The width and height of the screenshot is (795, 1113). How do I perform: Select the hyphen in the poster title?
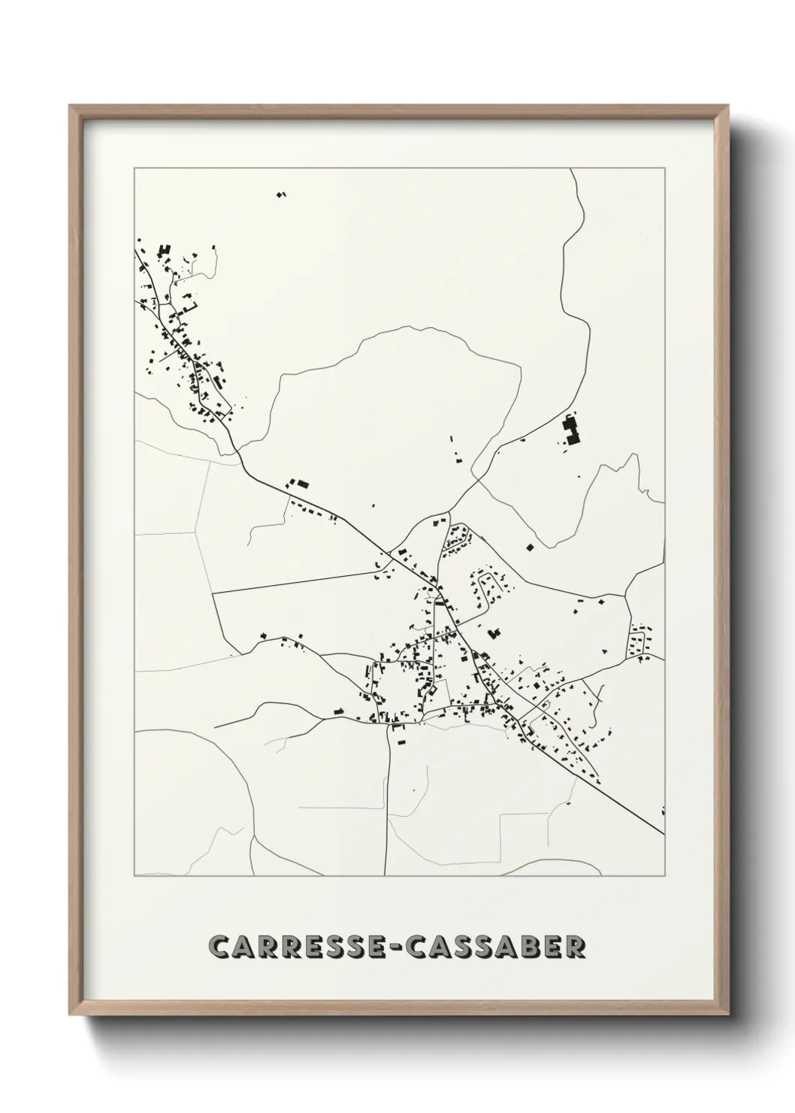pyautogui.click(x=396, y=948)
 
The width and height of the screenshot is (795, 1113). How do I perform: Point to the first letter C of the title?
pyautogui.click(x=220, y=947)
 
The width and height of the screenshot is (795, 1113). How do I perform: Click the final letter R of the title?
pyautogui.click(x=575, y=947)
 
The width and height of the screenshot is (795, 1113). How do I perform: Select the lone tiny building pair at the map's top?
pyautogui.click(x=282, y=195)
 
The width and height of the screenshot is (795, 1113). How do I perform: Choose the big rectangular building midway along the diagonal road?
pyautogui.click(x=301, y=484)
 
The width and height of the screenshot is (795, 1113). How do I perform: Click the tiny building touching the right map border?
pyautogui.click(x=663, y=811)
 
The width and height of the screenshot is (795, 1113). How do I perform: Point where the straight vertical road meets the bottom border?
pyautogui.click(x=385, y=875)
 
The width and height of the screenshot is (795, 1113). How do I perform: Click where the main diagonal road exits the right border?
pyautogui.click(x=664, y=833)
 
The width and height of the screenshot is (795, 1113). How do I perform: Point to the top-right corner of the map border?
pyautogui.click(x=664, y=168)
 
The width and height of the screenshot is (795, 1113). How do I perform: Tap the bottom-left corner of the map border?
pyautogui.click(x=135, y=876)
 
